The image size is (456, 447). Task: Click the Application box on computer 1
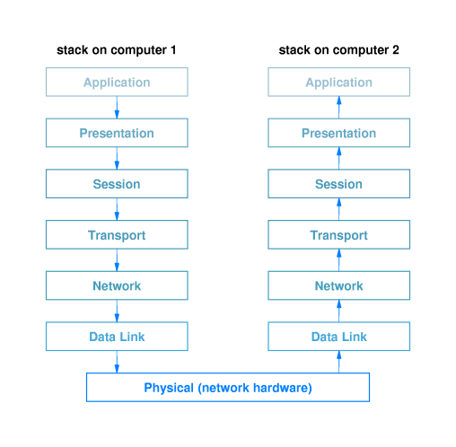click(117, 83)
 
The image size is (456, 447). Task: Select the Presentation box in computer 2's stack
click(338, 134)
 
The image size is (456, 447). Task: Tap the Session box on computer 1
click(117, 184)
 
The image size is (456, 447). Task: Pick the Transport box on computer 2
click(338, 235)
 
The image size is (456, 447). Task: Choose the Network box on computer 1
click(117, 286)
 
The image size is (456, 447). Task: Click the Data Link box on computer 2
click(338, 337)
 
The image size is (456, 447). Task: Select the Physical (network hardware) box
click(227, 388)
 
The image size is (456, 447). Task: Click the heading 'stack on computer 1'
click(116, 50)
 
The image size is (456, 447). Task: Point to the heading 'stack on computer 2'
click(338, 50)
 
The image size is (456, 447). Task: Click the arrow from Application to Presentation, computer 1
click(117, 108)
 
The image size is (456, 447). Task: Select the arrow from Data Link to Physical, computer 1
click(117, 362)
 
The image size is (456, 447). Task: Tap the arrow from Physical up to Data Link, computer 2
click(339, 362)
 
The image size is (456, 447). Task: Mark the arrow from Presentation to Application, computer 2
click(339, 108)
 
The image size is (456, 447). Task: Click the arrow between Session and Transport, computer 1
click(117, 210)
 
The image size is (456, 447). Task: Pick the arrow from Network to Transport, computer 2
click(339, 260)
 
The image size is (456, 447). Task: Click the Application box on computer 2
click(338, 83)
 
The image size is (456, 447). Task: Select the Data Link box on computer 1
click(117, 337)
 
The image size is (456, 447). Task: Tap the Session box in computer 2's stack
click(338, 184)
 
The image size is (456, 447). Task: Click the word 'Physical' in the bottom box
click(169, 388)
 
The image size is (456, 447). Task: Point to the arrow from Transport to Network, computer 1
click(117, 260)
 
